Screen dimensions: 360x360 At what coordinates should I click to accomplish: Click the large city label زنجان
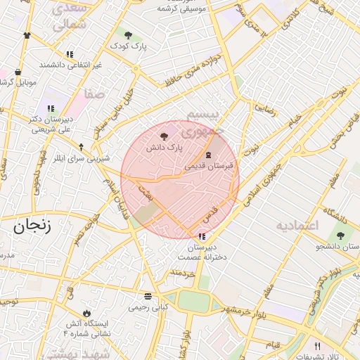pos(30,226)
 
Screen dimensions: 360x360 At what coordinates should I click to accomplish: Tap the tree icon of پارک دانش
pos(164,136)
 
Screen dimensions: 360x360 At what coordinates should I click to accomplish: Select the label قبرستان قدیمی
pos(209,167)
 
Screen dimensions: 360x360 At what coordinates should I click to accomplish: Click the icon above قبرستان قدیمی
pos(208,155)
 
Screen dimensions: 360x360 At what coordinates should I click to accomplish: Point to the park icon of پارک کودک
pos(127,35)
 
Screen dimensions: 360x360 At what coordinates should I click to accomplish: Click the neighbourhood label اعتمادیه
pos(297,225)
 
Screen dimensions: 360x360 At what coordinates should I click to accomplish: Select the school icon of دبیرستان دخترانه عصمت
pos(202,236)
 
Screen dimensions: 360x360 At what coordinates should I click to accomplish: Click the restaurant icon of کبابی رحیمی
pos(148,296)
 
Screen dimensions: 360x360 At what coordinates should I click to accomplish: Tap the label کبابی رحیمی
pos(148,307)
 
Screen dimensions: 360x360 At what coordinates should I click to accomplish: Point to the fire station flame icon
pos(86,312)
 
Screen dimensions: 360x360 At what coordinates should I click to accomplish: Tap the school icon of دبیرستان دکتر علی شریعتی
pos(51,108)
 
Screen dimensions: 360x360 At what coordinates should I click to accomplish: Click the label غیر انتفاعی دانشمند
pos(70,65)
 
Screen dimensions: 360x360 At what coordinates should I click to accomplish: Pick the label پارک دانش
pos(164,148)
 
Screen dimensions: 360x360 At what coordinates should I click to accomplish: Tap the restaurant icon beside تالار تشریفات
pos(317,346)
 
